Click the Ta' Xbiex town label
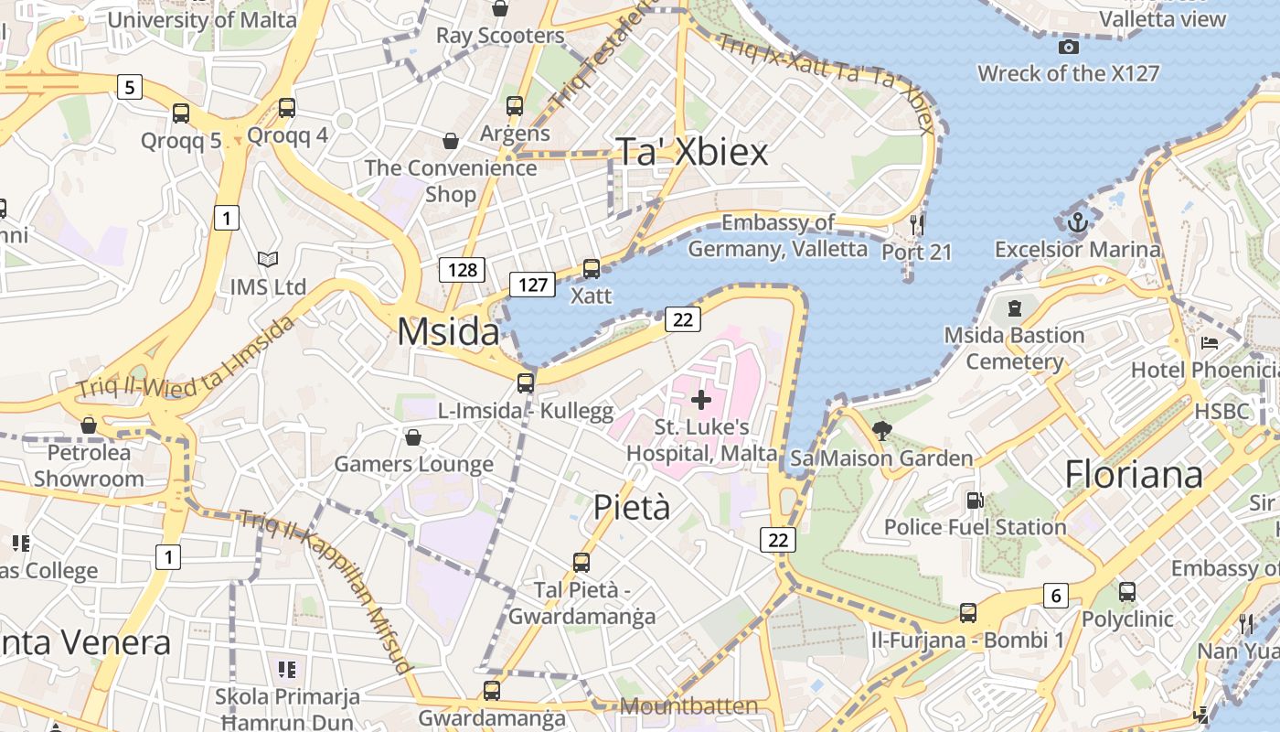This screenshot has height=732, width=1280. tap(692, 152)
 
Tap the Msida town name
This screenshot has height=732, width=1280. tap(448, 331)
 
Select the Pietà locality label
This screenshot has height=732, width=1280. tap(632, 507)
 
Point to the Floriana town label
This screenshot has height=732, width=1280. tap(1134, 474)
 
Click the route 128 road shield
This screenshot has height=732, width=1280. tap(462, 269)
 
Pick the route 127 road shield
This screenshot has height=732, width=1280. tap(532, 284)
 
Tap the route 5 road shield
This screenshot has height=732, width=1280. tap(130, 87)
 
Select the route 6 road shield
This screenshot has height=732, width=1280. tap(1056, 596)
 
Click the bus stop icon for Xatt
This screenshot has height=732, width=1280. tap(592, 269)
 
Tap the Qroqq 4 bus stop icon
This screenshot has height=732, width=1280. tap(287, 108)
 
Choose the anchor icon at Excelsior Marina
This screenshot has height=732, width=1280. tap(1078, 221)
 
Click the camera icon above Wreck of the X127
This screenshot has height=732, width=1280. tap(1068, 47)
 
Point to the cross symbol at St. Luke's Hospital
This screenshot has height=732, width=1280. tap(701, 399)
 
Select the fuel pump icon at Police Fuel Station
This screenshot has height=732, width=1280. tap(975, 501)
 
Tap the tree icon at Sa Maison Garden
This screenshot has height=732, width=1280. tap(882, 430)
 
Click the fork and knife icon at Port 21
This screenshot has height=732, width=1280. tap(917, 224)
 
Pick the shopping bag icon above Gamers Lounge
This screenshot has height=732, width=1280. tap(413, 437)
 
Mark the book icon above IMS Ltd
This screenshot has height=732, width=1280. tap(267, 260)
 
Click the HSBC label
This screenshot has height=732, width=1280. tap(1221, 411)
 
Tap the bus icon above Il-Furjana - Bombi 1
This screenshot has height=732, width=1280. tap(968, 613)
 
